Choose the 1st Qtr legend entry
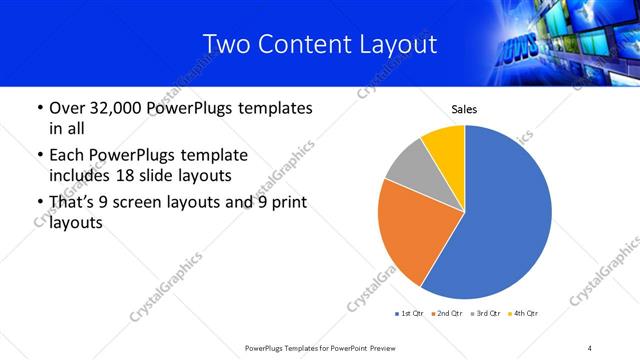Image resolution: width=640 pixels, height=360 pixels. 411,314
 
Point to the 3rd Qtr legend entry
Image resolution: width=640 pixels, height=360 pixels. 488,314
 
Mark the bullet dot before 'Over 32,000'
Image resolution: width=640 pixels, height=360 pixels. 39,108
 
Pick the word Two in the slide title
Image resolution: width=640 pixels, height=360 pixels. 225,44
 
